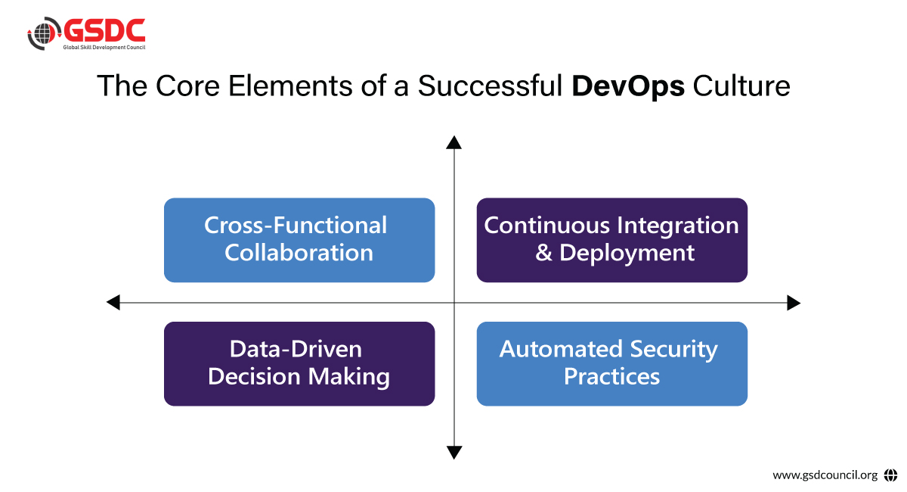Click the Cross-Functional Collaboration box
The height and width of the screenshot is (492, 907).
(x=299, y=240)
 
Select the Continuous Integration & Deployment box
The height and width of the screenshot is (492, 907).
(x=611, y=240)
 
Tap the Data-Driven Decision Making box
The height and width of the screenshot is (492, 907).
(x=299, y=363)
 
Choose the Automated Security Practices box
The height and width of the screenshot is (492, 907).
(x=611, y=363)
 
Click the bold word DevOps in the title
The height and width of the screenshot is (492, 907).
(x=628, y=86)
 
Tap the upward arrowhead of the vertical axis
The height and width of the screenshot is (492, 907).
(x=453, y=142)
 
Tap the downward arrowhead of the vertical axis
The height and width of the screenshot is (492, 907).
(x=453, y=453)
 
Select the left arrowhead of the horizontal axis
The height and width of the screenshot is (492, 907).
(x=113, y=303)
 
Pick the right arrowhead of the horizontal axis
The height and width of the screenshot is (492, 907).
(x=794, y=303)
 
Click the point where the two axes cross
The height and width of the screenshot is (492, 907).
(x=453, y=303)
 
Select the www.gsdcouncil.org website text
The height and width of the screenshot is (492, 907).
(x=825, y=475)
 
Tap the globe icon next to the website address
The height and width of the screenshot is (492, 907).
(x=890, y=475)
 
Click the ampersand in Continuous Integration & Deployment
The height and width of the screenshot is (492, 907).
(x=543, y=253)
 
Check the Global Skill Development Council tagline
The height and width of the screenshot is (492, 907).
(x=104, y=48)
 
